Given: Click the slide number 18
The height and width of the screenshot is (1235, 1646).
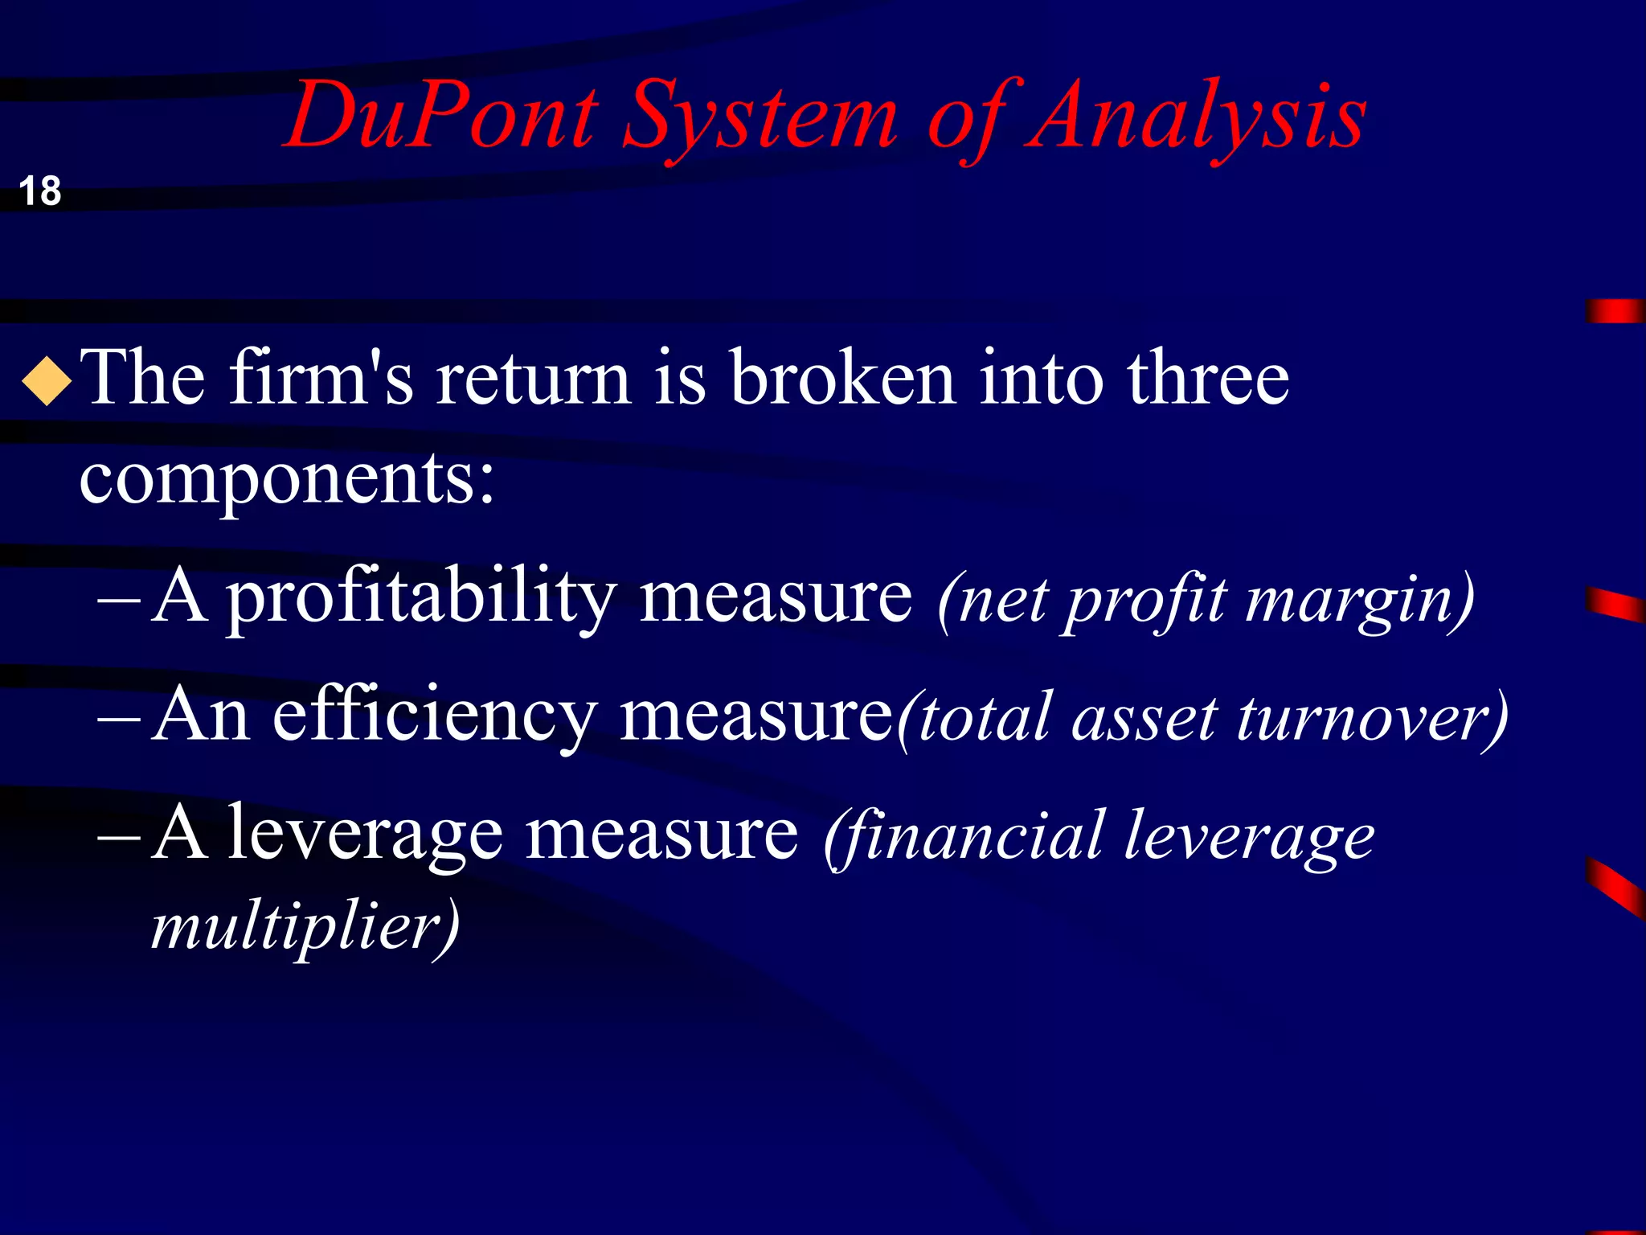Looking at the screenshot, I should coord(39,191).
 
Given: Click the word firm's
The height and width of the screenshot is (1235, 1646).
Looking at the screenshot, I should coord(321,378).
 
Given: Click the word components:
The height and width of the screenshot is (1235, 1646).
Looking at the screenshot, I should coord(287,480).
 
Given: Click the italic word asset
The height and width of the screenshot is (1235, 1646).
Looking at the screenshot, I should coord(1144,718).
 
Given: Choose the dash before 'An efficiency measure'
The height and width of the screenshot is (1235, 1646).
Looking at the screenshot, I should coord(118,717).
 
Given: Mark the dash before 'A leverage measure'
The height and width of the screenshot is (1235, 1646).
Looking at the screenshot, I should coord(118,836).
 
